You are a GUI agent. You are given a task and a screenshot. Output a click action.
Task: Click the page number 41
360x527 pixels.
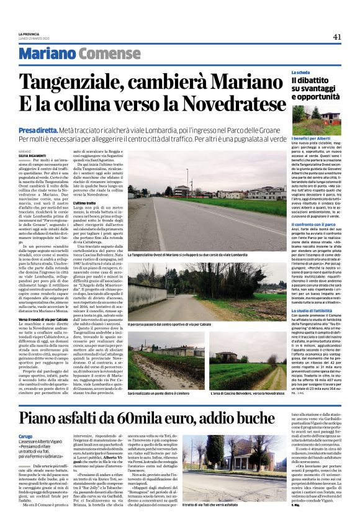(337, 37)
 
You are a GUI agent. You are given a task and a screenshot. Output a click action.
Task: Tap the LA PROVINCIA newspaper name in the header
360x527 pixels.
(29, 34)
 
